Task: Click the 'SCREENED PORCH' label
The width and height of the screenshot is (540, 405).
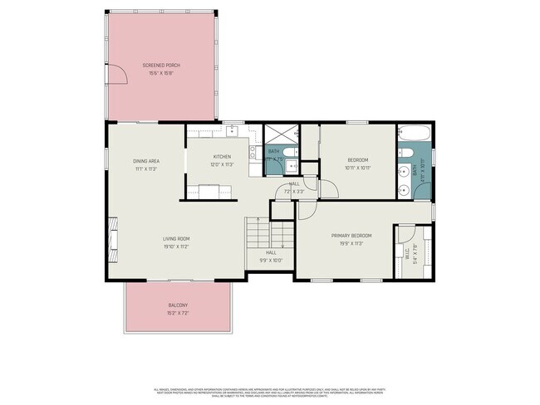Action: click(161, 65)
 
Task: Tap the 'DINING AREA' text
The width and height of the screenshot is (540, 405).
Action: click(146, 161)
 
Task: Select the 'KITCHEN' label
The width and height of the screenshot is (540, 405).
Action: click(222, 157)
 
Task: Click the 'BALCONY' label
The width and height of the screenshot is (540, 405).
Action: click(178, 305)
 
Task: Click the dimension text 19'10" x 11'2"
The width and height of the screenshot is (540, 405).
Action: click(176, 246)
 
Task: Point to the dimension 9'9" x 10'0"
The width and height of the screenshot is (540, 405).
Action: click(271, 260)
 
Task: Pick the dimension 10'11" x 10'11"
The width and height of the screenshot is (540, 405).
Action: click(356, 168)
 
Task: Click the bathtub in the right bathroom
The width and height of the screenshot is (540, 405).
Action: click(413, 133)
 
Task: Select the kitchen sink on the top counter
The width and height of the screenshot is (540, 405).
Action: click(232, 130)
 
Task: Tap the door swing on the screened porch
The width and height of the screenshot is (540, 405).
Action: click(120, 78)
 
